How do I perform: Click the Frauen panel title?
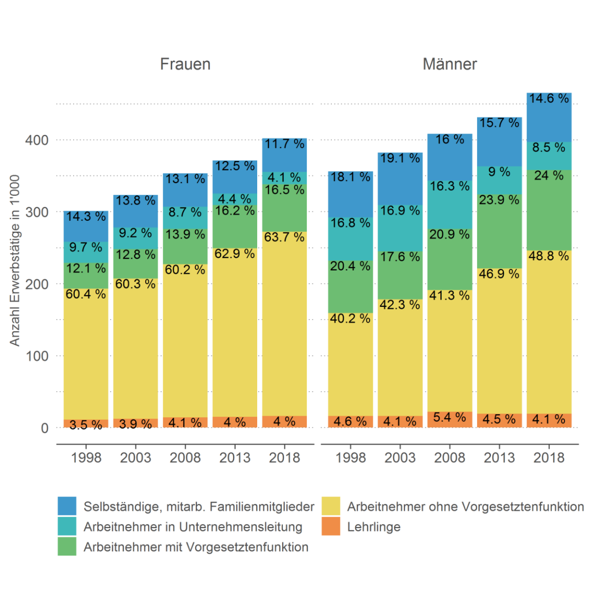coord(185,64)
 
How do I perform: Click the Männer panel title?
coord(449,64)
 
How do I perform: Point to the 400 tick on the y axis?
coord(37,140)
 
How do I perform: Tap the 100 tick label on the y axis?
coord(37,356)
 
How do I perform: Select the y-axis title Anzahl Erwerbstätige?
coord(15,261)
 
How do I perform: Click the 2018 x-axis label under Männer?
coord(549,458)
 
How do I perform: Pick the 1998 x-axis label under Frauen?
coord(86,458)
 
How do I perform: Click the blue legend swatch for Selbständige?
coord(67,506)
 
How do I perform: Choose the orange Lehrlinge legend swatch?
coord(331,527)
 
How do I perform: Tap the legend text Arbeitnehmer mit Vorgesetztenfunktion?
coord(196,547)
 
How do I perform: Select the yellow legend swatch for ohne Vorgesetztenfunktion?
coord(331,506)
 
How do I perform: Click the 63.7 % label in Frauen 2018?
coord(284,237)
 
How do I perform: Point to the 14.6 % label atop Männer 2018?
coord(549,98)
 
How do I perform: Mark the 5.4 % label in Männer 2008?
coord(449,418)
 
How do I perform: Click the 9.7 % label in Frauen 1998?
coord(86,247)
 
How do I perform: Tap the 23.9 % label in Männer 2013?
coord(499,200)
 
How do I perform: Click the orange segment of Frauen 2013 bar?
coord(235,422)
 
